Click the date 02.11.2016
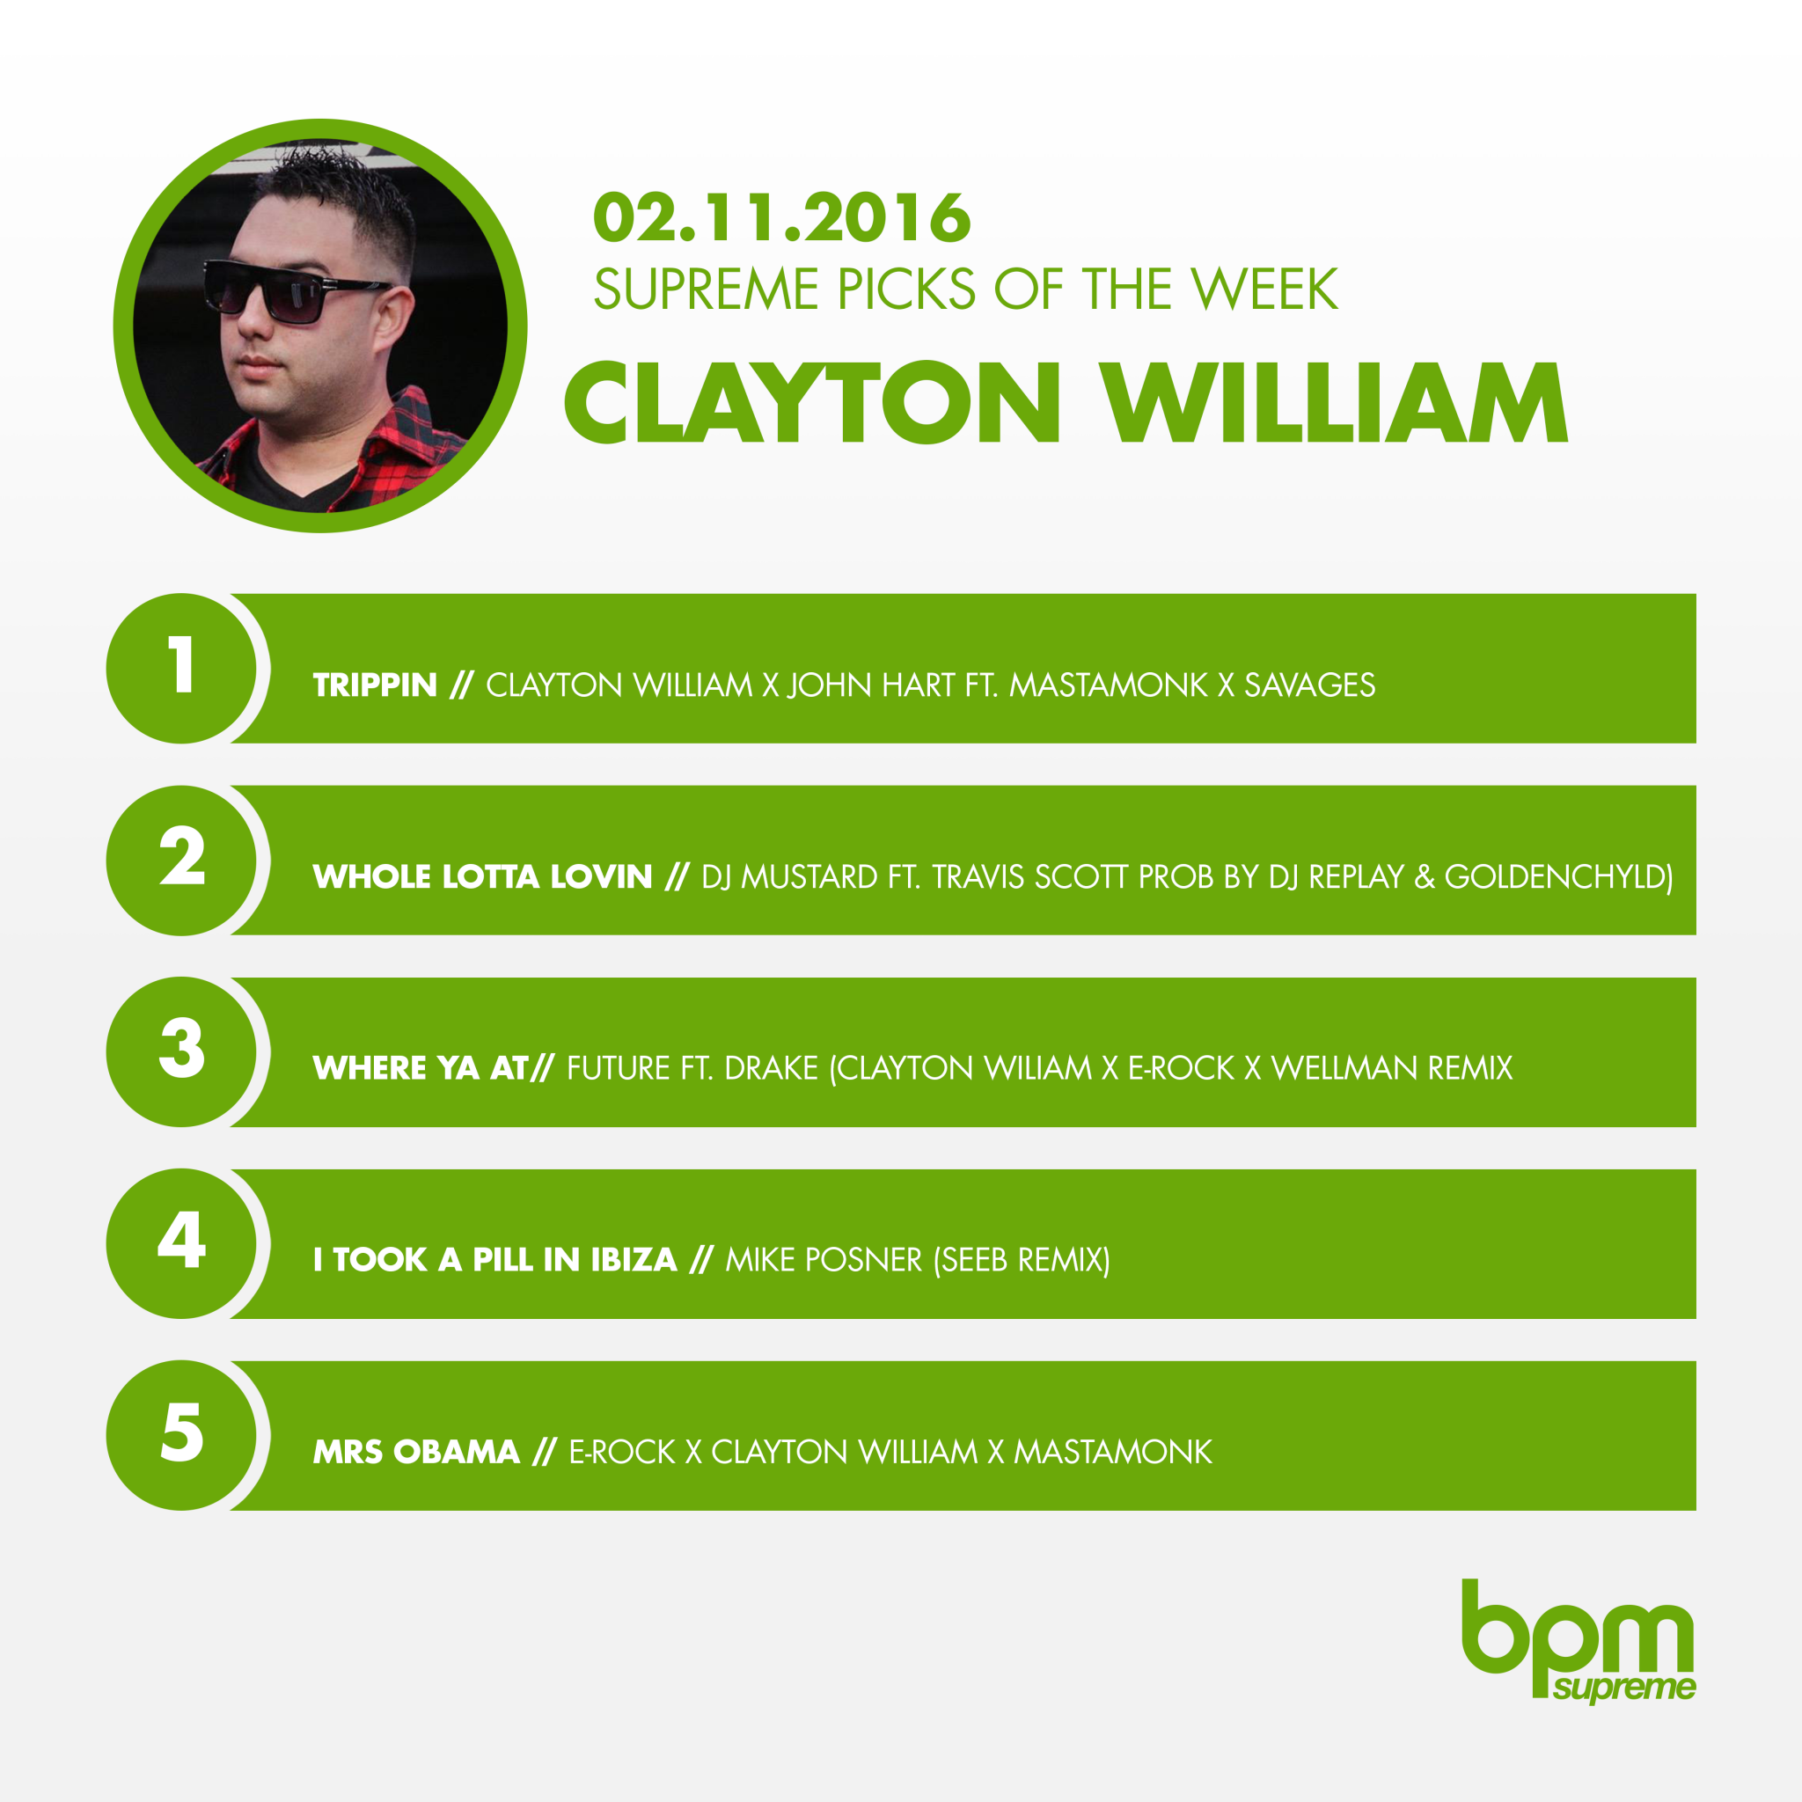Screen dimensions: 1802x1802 [x=781, y=218]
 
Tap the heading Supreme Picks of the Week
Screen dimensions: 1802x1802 [x=965, y=289]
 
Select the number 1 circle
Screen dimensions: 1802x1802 [x=182, y=669]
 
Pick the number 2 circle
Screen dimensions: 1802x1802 [x=182, y=860]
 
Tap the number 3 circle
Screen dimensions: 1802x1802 [x=182, y=1052]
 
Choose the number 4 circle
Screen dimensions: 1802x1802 [x=182, y=1243]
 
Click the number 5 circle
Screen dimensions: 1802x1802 [x=182, y=1435]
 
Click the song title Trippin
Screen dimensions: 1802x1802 [x=375, y=685]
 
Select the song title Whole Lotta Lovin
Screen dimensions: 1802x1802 [x=482, y=876]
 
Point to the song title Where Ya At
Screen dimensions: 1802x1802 [x=421, y=1068]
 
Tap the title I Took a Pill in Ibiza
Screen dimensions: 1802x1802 [x=495, y=1260]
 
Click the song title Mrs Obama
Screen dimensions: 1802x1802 [x=416, y=1452]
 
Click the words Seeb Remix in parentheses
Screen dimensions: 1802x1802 [x=1022, y=1260]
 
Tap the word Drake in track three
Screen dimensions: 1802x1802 [x=772, y=1068]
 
